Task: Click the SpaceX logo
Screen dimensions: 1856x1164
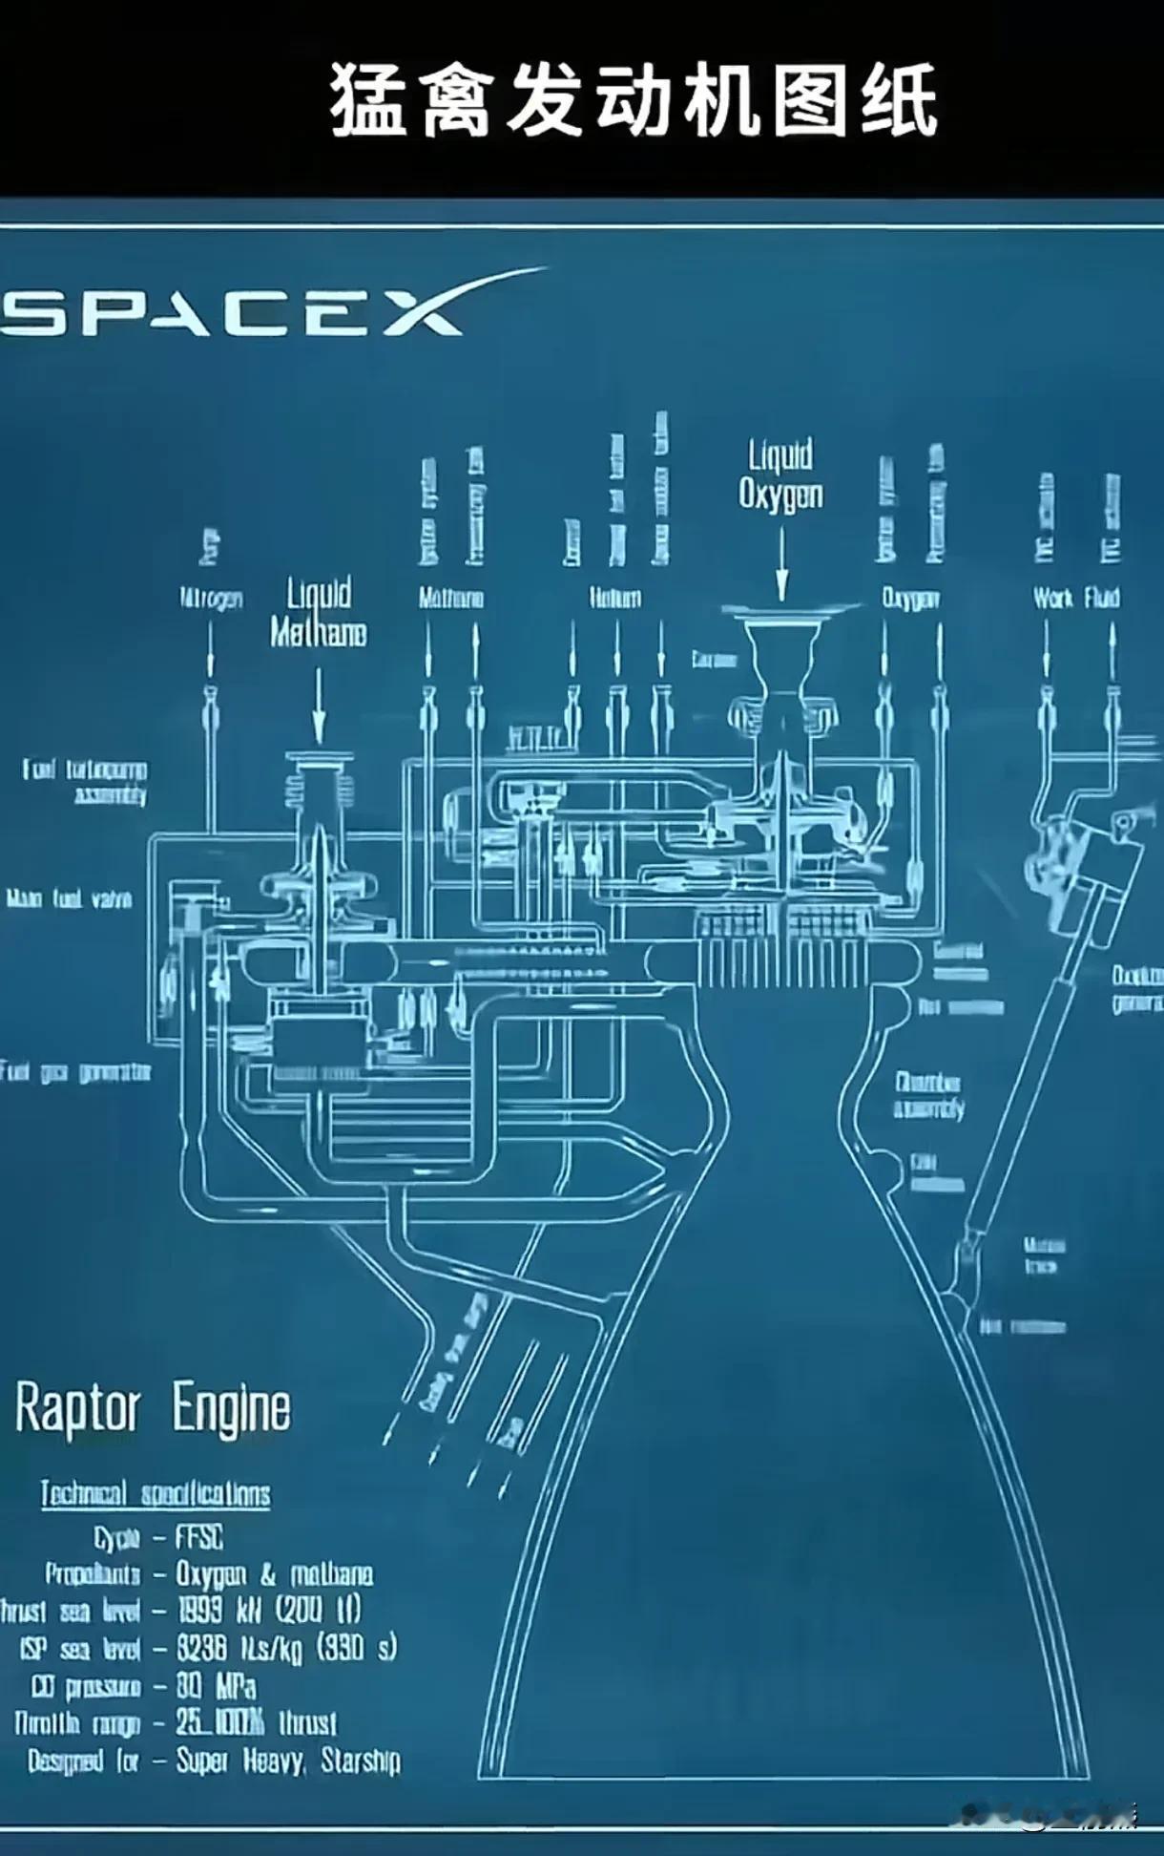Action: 234,310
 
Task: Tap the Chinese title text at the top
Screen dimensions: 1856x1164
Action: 634,100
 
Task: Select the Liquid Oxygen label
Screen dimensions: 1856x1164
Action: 780,475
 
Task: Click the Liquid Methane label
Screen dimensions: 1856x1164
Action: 319,613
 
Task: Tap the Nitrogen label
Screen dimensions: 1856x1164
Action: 212,599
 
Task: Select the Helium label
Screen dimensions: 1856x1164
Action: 615,599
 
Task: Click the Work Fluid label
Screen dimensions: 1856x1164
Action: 1076,599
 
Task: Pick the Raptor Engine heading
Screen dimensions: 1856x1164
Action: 153,1409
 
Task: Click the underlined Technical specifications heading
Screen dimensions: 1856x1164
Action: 156,1494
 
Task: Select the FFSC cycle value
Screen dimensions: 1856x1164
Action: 199,1537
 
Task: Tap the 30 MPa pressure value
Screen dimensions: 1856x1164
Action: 216,1687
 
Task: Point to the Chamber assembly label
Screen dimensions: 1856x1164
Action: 928,1095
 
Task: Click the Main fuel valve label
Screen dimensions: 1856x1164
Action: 70,898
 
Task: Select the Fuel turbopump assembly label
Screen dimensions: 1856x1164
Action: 86,782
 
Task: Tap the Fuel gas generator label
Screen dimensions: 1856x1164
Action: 76,1072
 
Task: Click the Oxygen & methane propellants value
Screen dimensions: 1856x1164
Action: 275,1573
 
